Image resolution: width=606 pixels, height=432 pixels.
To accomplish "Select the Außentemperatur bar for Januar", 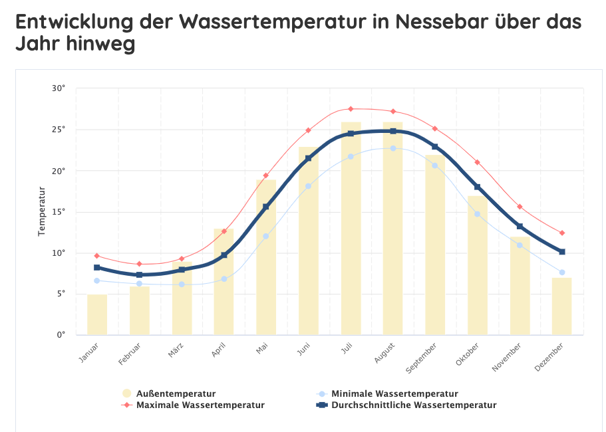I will click(x=97, y=314).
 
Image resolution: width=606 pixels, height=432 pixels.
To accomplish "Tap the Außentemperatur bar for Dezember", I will click(x=561, y=306).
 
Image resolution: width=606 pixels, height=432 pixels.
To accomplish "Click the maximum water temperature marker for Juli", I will click(x=351, y=108).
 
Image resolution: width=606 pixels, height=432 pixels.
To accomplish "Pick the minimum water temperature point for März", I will click(x=182, y=284).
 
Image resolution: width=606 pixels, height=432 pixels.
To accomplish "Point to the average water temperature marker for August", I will click(x=393, y=131).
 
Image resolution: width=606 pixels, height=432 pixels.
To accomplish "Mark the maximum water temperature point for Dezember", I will click(x=562, y=233).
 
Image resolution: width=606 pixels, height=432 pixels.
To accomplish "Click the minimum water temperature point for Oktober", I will click(x=477, y=214).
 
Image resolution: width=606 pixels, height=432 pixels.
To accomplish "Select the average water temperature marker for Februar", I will click(x=139, y=274).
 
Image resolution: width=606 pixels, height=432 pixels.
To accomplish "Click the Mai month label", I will click(x=262, y=348).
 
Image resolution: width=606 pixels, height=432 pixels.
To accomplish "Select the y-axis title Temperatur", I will click(x=42, y=212).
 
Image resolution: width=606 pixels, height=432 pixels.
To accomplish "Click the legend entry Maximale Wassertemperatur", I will click(x=200, y=405).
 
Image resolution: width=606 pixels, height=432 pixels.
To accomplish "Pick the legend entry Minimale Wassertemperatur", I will click(x=394, y=393).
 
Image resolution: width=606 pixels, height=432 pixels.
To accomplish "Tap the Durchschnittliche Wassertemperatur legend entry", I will click(x=413, y=405).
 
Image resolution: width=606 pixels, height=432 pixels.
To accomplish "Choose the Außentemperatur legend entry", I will click(x=175, y=393).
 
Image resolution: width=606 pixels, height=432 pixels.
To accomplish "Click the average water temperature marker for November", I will click(x=520, y=227).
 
